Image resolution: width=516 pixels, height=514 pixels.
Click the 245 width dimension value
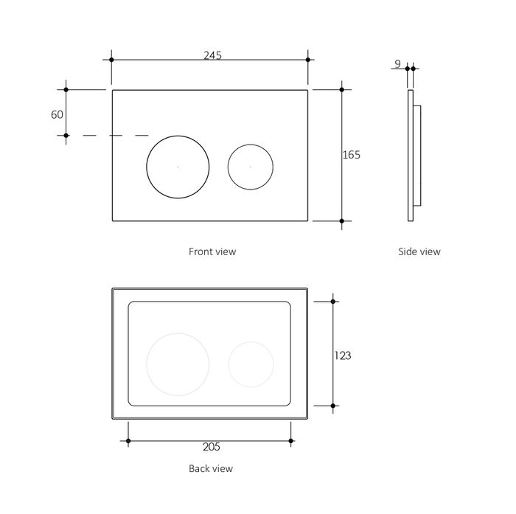pos(212,55)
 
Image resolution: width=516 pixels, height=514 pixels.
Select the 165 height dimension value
pos(352,155)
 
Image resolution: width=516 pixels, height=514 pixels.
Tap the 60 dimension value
pos(57,114)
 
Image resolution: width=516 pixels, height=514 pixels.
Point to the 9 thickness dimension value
pos(397,63)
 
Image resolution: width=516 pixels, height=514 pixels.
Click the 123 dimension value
pos(343,355)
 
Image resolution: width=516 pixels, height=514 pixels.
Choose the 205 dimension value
pos(212,447)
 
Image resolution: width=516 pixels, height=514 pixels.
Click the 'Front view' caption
pos(212,251)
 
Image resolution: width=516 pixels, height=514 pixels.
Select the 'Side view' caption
pos(419,251)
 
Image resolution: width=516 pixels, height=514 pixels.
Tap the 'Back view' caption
pos(211,468)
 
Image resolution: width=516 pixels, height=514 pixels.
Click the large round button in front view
pos(178,167)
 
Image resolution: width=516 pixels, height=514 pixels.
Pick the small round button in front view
pos(251,167)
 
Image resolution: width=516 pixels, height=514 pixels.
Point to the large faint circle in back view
pos(178,364)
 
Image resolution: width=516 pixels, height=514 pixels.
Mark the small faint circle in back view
pos(251,364)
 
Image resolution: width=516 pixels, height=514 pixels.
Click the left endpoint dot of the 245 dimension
pos(111,60)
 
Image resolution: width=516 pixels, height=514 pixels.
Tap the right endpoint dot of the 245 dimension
pos(308,60)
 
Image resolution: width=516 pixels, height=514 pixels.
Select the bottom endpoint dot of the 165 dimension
pos(341,221)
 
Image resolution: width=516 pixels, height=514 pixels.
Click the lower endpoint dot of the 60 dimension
pos(66,136)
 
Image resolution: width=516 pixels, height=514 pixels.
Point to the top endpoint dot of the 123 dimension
pos(333,302)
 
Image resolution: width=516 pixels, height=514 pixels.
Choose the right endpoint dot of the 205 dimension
pos(291,440)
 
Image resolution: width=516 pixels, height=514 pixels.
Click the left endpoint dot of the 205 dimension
pos(128,440)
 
